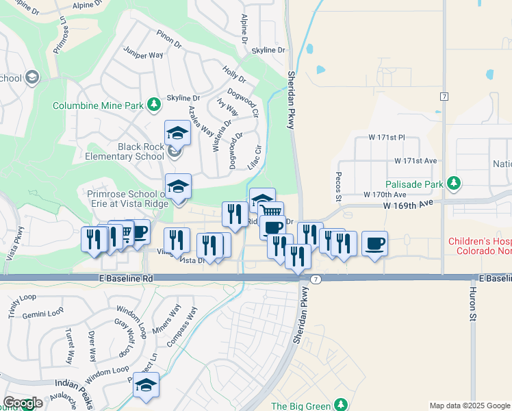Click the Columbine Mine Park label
click(x=99, y=105)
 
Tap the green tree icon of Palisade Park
click(x=452, y=183)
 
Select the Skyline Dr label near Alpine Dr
click(x=268, y=51)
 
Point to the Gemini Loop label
click(x=42, y=312)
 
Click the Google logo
click(x=23, y=403)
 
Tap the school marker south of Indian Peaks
click(x=146, y=386)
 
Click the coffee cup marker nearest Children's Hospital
click(x=374, y=243)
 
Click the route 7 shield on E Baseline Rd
click(x=315, y=279)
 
